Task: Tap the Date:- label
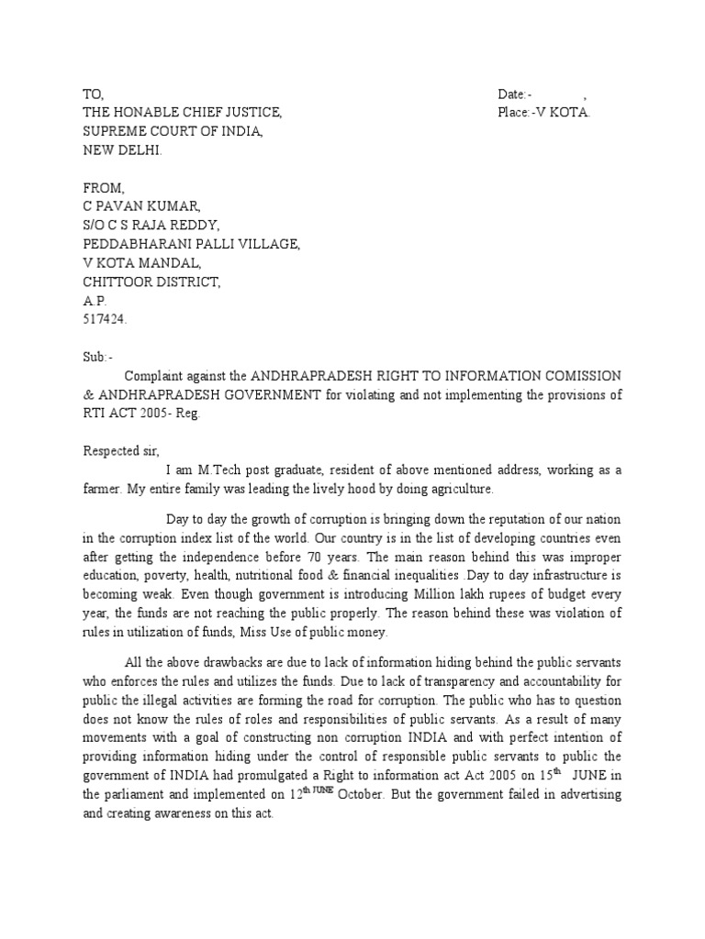click(515, 94)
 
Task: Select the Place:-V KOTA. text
click(544, 113)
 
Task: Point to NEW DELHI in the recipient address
click(122, 149)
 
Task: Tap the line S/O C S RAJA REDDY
click(151, 226)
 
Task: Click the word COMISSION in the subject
click(576, 376)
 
